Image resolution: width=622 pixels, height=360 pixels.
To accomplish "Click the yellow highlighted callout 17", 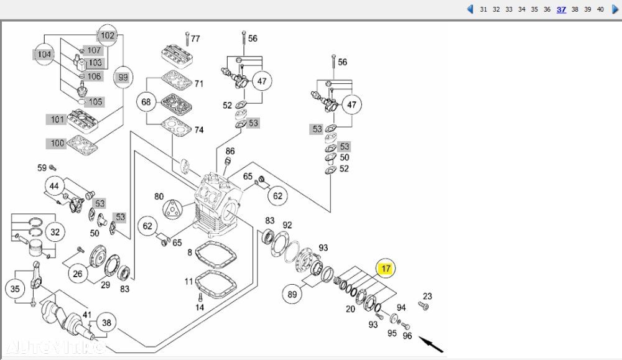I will pos(386,269).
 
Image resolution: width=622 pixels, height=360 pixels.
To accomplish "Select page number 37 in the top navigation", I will pos(561,9).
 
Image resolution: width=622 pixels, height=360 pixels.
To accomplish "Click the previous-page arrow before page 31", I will pos(470,9).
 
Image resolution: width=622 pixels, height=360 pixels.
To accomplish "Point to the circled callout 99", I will pos(123,77).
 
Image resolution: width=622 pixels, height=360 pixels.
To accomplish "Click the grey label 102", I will pos(108,35).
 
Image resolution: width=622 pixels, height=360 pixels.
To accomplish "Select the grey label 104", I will pos(44,55).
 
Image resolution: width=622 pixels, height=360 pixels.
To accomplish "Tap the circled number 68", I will pos(147,101).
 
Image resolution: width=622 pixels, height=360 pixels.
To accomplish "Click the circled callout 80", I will pos(159,196).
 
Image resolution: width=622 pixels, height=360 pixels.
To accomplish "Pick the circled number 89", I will pos(293,293).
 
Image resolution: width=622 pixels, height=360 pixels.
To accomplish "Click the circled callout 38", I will pos(107,323).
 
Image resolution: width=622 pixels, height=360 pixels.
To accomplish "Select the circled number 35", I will pos(16,288).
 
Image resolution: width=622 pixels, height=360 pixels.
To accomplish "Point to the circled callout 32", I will pos(55,233).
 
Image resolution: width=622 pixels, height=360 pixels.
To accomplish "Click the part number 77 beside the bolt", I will pos(195,39).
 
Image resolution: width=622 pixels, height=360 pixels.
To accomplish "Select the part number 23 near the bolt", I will pos(427,296).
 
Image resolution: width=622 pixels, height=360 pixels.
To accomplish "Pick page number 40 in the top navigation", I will pos(600,9).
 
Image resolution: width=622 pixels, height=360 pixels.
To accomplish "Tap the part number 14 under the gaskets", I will pos(200,307).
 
